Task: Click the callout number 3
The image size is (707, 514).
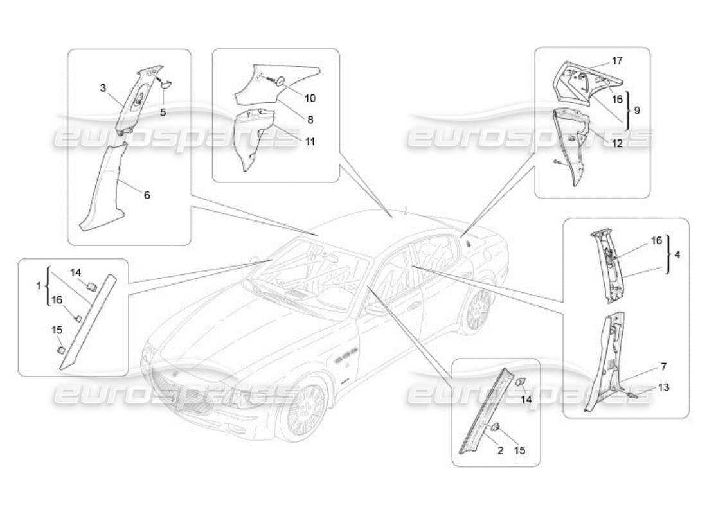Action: pos(103,88)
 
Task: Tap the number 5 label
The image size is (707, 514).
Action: pos(163,111)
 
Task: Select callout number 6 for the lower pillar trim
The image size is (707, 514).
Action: pos(147,195)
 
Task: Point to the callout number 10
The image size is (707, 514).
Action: pos(310,98)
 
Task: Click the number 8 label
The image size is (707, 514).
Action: pos(310,120)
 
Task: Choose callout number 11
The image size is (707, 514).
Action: pos(310,141)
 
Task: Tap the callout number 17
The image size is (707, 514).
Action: pos(617,61)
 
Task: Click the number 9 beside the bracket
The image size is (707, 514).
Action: pos(637,111)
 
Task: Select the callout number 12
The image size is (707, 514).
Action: pos(617,144)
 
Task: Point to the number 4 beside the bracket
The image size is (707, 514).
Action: pos(677,254)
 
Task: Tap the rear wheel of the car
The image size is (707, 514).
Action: pos(478,311)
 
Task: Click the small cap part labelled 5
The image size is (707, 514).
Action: pos(164,83)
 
